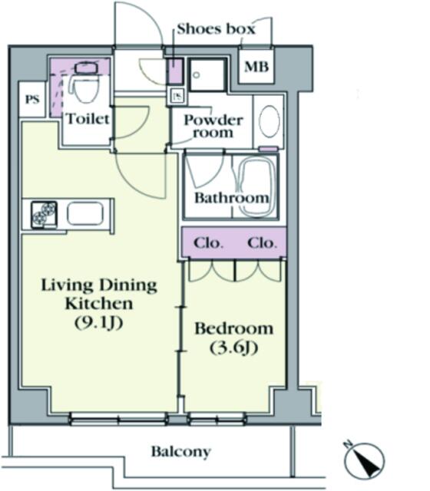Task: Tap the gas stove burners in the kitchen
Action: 44,215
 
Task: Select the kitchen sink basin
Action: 85,213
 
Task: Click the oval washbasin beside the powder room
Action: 270,121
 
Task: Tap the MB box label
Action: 256,67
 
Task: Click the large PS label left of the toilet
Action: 32,100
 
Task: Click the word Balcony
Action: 181,452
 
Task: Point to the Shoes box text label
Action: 216,29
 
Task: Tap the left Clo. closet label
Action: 208,243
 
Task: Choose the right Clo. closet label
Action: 262,243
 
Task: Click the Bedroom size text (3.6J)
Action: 233,348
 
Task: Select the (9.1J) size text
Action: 98,322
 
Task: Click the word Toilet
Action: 88,119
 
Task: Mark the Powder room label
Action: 213,126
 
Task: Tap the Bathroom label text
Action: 232,198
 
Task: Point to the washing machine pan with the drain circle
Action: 207,74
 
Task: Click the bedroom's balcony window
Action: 217,419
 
